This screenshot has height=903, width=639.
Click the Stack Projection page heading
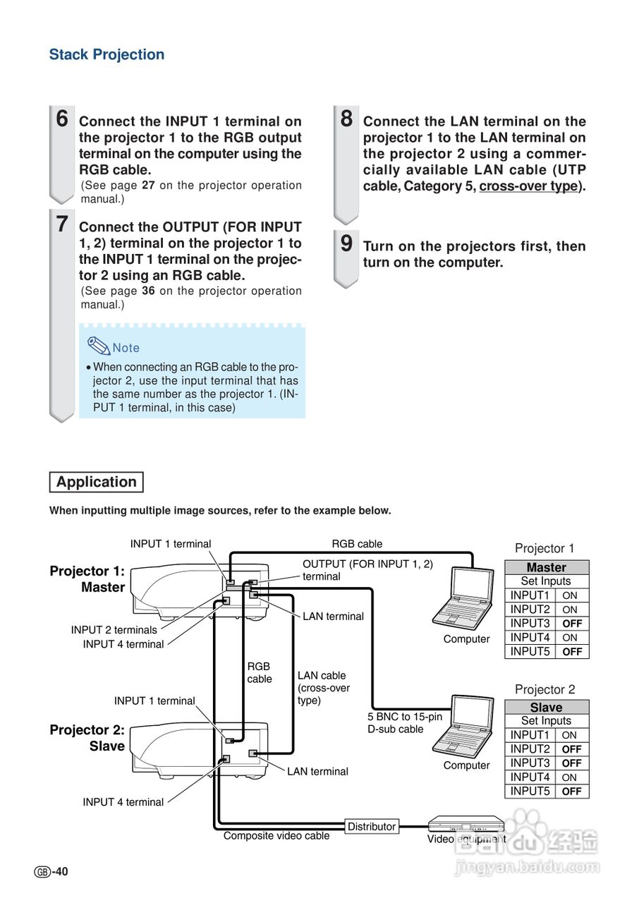click(107, 55)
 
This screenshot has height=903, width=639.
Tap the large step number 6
click(62, 119)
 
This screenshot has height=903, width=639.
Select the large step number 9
click(346, 243)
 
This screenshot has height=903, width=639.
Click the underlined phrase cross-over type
click(528, 186)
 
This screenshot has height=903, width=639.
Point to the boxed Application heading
click(97, 483)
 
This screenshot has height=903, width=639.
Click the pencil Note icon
click(99, 346)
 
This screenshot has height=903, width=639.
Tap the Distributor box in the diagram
click(372, 826)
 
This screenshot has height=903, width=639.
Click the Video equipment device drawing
click(466, 823)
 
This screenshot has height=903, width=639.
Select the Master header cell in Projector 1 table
click(546, 567)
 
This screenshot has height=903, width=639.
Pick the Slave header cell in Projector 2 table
click(546, 707)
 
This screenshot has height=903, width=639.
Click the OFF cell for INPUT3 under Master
click(572, 624)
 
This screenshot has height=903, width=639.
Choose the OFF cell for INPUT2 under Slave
click(572, 749)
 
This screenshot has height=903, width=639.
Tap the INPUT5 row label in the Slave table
click(530, 792)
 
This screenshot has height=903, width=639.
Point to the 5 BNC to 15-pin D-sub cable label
click(405, 723)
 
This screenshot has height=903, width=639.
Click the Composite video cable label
click(276, 836)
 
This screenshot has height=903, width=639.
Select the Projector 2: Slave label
click(87, 738)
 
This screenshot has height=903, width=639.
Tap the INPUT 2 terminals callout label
click(114, 630)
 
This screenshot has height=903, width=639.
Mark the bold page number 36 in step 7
click(148, 291)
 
